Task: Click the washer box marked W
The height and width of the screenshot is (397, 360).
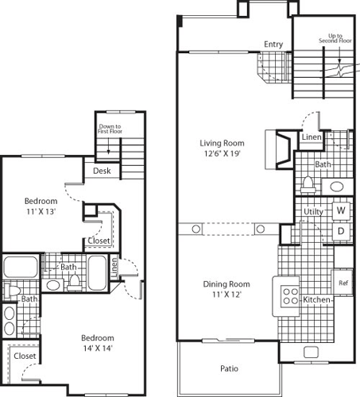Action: tap(340, 210)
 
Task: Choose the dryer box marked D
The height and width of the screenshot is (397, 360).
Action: tap(340, 231)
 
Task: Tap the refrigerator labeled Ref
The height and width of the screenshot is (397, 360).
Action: tap(343, 283)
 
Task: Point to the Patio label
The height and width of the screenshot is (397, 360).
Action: tap(230, 368)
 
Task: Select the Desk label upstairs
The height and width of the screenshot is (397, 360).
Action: tap(102, 171)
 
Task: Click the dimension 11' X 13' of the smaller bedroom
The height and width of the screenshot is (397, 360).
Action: tap(39, 213)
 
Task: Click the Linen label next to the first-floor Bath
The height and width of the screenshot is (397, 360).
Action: tap(312, 137)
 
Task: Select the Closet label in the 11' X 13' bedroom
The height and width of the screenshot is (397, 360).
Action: tap(99, 240)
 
